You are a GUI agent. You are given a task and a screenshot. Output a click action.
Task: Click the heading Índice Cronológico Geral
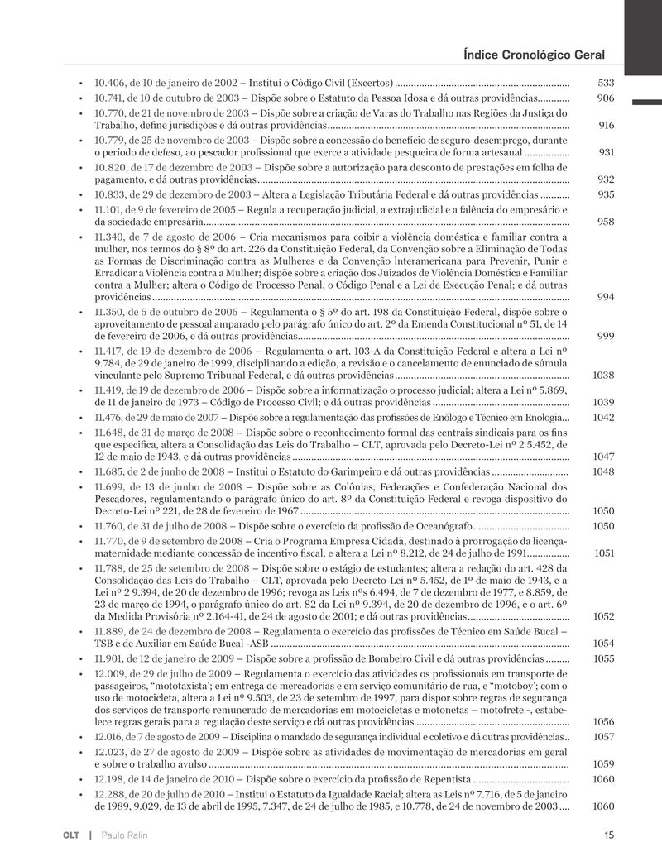(x=535, y=55)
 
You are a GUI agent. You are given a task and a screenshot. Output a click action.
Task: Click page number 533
(x=606, y=84)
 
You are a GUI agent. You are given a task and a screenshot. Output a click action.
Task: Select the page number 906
(x=606, y=98)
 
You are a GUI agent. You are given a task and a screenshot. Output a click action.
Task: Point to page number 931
(x=606, y=152)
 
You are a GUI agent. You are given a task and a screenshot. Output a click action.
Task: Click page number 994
(x=606, y=296)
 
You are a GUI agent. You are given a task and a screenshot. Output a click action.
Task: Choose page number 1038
(x=603, y=375)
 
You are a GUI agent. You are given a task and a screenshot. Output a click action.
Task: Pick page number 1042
(x=603, y=417)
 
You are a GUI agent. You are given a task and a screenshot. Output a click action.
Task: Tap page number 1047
(x=603, y=457)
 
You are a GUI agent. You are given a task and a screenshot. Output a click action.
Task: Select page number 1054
(x=603, y=644)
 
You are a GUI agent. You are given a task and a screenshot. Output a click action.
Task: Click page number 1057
(x=603, y=736)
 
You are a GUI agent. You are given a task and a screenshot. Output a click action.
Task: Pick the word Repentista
(x=440, y=780)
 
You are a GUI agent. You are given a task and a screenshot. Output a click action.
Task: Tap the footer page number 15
(x=609, y=835)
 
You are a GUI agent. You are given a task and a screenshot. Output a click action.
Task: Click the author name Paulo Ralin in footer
(x=125, y=835)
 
